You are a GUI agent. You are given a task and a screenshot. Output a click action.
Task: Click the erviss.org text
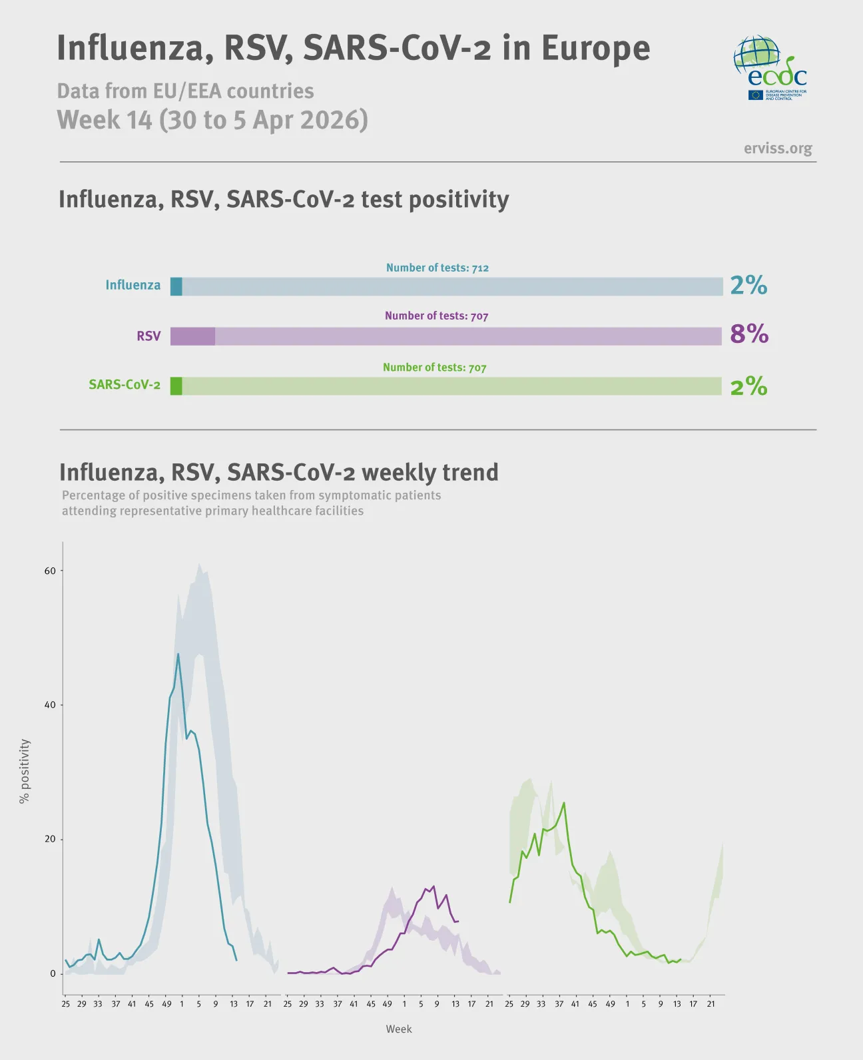(778, 148)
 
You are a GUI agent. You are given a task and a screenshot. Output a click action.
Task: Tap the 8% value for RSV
(749, 334)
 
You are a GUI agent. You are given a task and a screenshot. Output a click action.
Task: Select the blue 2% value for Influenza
(748, 285)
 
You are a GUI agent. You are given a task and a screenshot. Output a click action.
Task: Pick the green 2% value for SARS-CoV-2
(748, 386)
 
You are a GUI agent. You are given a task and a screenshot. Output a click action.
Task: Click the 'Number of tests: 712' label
(437, 268)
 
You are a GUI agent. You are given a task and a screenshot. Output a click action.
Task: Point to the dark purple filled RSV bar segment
(192, 336)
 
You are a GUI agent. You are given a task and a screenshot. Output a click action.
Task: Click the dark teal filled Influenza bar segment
(176, 287)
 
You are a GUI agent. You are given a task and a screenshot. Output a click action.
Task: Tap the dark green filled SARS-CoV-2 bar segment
(176, 386)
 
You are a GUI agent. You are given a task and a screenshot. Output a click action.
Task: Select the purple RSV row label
(148, 336)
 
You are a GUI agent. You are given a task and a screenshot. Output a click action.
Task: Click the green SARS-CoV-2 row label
(125, 385)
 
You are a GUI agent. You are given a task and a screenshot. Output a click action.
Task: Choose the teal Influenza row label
(133, 285)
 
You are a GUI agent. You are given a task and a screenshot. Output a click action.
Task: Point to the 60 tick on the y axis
(50, 571)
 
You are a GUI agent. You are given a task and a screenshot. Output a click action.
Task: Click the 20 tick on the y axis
(50, 839)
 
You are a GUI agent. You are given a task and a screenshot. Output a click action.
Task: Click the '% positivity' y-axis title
(25, 771)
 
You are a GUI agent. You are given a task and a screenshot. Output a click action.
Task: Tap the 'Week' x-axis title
(399, 1029)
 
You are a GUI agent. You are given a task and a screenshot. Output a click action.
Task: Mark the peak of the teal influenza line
(178, 655)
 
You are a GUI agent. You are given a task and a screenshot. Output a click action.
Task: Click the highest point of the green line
(564, 803)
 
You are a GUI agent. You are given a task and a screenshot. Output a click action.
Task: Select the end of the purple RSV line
(458, 921)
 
